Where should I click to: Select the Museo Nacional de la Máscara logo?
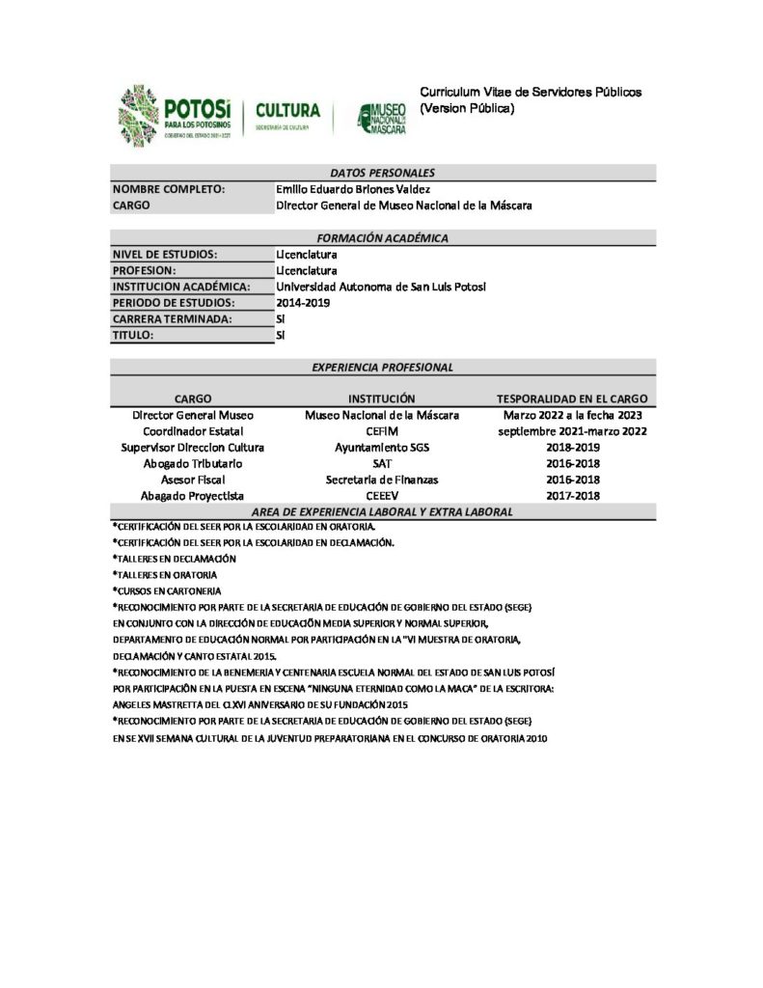tap(382, 117)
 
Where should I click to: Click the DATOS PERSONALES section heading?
tap(383, 173)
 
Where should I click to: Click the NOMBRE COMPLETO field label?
tap(169, 190)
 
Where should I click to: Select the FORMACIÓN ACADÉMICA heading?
tap(383, 238)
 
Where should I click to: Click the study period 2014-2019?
tap(303, 303)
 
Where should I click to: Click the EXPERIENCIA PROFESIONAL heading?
tap(383, 368)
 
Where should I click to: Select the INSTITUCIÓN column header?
tap(382, 398)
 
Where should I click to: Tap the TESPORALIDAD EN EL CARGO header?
tap(572, 398)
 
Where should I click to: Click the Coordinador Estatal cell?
tap(193, 430)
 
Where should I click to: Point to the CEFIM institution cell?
tap(382, 430)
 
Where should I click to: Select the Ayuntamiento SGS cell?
tap(382, 447)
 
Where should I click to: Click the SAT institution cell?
tap(382, 463)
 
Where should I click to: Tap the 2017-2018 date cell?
tap(572, 496)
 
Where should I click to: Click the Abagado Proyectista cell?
tap(193, 496)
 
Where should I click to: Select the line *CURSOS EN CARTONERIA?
tap(167, 590)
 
